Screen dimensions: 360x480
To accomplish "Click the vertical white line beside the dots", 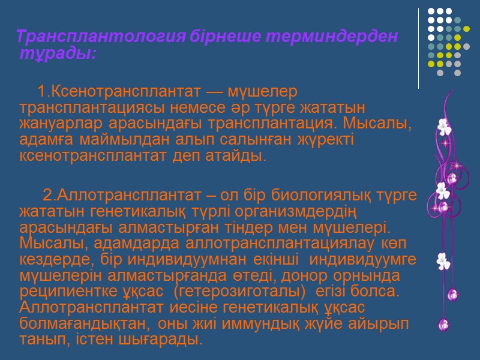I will (419, 48).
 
